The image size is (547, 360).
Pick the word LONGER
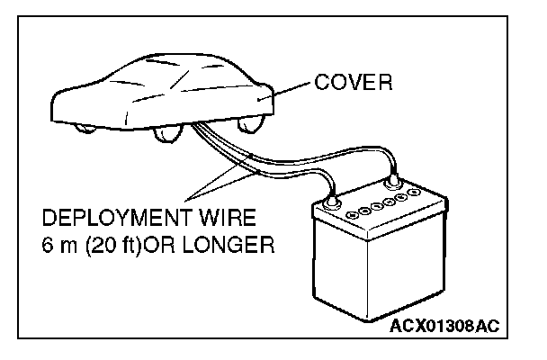coord(231,244)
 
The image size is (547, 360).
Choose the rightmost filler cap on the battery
coord(415,193)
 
